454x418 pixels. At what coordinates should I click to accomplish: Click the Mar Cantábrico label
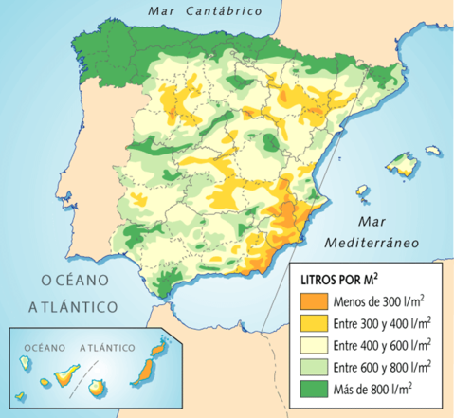point(204,11)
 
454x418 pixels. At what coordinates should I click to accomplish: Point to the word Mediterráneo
point(372,243)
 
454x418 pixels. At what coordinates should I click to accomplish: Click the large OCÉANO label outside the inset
point(71,280)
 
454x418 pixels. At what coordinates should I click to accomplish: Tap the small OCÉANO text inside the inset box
point(45,347)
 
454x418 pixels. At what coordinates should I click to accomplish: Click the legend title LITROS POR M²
point(340,281)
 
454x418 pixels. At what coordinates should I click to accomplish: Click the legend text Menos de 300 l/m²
point(377,303)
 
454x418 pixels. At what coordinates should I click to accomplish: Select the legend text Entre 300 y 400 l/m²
point(382,325)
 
